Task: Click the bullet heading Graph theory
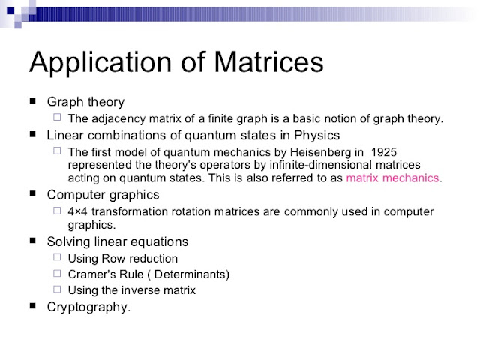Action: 85,101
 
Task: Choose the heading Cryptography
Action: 88,306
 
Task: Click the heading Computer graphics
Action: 103,194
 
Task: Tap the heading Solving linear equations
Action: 117,241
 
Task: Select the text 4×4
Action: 79,212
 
